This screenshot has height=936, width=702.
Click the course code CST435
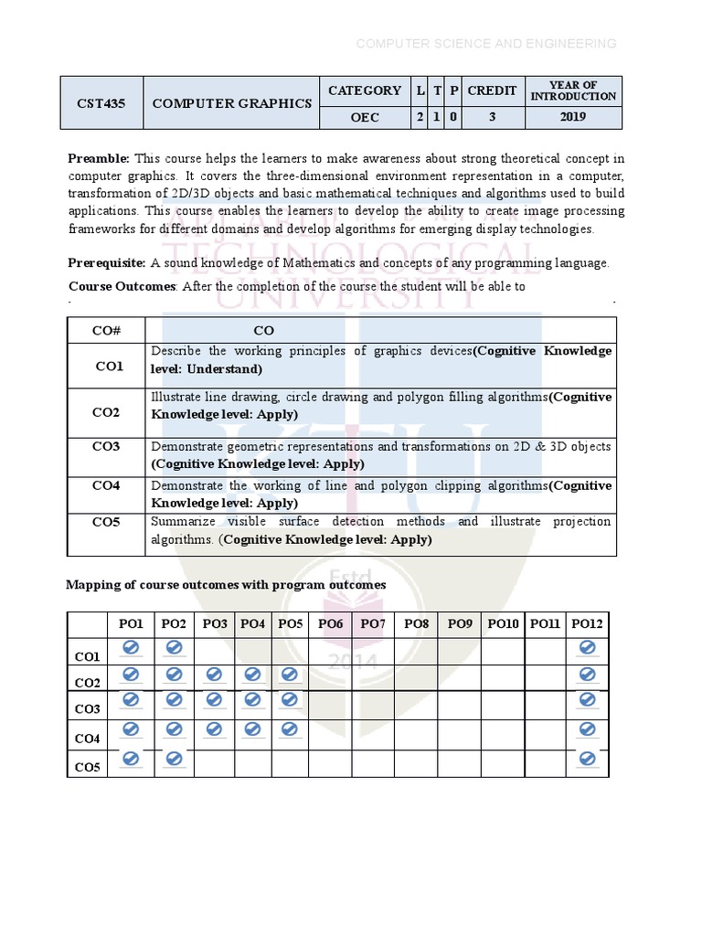(100, 103)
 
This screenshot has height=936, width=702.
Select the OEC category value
(364, 118)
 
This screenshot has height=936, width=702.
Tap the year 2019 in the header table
(573, 118)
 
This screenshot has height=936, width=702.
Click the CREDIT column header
(492, 90)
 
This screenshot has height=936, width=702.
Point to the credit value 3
(492, 118)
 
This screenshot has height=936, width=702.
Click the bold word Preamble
(99, 159)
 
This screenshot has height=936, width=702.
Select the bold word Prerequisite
(107, 263)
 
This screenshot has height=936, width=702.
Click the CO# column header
(107, 330)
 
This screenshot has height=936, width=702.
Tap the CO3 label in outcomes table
(107, 446)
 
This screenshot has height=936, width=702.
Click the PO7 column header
(373, 624)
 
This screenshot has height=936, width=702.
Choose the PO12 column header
(587, 624)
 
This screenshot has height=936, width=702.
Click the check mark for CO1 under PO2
(174, 648)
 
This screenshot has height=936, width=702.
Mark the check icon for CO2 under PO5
(290, 675)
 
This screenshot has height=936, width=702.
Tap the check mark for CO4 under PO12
(587, 729)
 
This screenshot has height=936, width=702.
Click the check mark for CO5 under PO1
(131, 759)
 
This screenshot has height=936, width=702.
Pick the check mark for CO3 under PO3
(215, 700)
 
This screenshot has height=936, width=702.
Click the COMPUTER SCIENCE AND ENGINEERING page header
(485, 44)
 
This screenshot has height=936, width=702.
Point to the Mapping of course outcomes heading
(226, 585)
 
